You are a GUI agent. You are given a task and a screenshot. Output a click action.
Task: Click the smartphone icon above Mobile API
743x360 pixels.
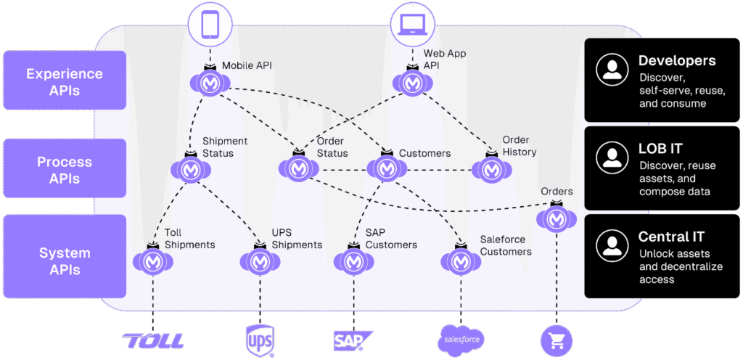pos(209,25)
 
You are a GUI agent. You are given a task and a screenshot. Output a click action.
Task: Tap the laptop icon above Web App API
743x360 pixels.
pos(412,25)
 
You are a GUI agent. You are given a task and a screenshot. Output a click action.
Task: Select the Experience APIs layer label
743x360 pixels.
pos(64,82)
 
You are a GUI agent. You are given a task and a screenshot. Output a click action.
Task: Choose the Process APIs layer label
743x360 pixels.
pos(64,170)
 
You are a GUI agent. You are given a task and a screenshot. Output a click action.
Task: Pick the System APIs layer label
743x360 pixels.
pos(64,261)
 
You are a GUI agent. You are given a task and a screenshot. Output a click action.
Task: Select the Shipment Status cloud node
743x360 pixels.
pos(190,170)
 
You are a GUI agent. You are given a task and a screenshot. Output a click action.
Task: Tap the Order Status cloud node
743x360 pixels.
pos(298,168)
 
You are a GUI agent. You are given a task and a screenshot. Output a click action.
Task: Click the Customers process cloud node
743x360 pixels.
pos(386,168)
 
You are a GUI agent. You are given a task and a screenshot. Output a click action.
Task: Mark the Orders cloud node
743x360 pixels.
pos(557,217)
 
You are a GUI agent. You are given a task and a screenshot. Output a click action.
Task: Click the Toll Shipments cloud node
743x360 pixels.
pos(153,261)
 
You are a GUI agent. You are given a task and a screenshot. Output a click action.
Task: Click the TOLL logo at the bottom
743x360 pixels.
pos(154,340)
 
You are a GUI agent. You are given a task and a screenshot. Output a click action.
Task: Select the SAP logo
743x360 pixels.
pos(353,340)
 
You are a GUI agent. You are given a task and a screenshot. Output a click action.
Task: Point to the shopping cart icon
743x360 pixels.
pos(557,339)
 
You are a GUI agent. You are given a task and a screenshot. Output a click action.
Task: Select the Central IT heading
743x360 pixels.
pos(671,237)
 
